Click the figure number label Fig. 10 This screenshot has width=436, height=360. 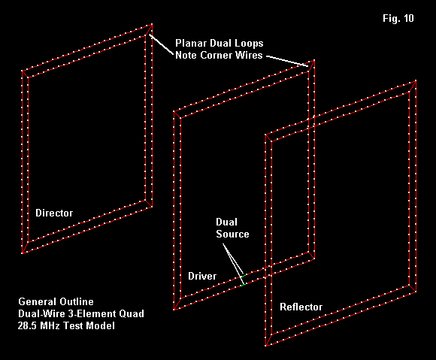pyautogui.click(x=398, y=18)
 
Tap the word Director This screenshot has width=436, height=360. pyautogui.click(x=54, y=213)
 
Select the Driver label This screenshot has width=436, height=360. pyautogui.click(x=202, y=276)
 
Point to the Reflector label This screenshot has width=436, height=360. pyautogui.click(x=301, y=307)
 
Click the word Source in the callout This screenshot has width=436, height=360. pyautogui.click(x=232, y=234)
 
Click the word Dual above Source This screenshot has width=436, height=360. pyautogui.click(x=226, y=222)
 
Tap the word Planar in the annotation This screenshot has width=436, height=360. pyautogui.click(x=191, y=43)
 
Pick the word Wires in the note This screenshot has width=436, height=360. pyautogui.click(x=249, y=55)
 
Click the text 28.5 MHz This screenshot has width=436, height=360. pyautogui.click(x=38, y=325)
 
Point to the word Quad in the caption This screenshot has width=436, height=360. pyautogui.click(x=132, y=313)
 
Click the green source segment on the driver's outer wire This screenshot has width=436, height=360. pyautogui.click(x=243, y=284)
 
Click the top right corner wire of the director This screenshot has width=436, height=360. pyautogui.click(x=149, y=30)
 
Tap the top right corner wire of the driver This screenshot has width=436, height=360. pyautogui.click(x=311, y=66)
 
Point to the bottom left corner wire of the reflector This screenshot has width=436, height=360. pyautogui.click(x=268, y=340)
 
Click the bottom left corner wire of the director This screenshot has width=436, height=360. pyautogui.click(x=25, y=248)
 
